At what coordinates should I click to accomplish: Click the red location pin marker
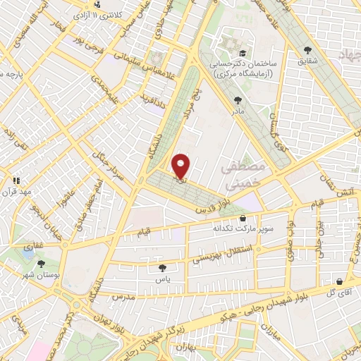181,166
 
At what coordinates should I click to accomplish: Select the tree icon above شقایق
307,49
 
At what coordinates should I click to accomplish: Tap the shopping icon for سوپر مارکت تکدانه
243,218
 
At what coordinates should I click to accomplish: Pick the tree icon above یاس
164,267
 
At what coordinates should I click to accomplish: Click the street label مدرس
134,297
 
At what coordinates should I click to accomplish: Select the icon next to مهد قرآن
17,180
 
